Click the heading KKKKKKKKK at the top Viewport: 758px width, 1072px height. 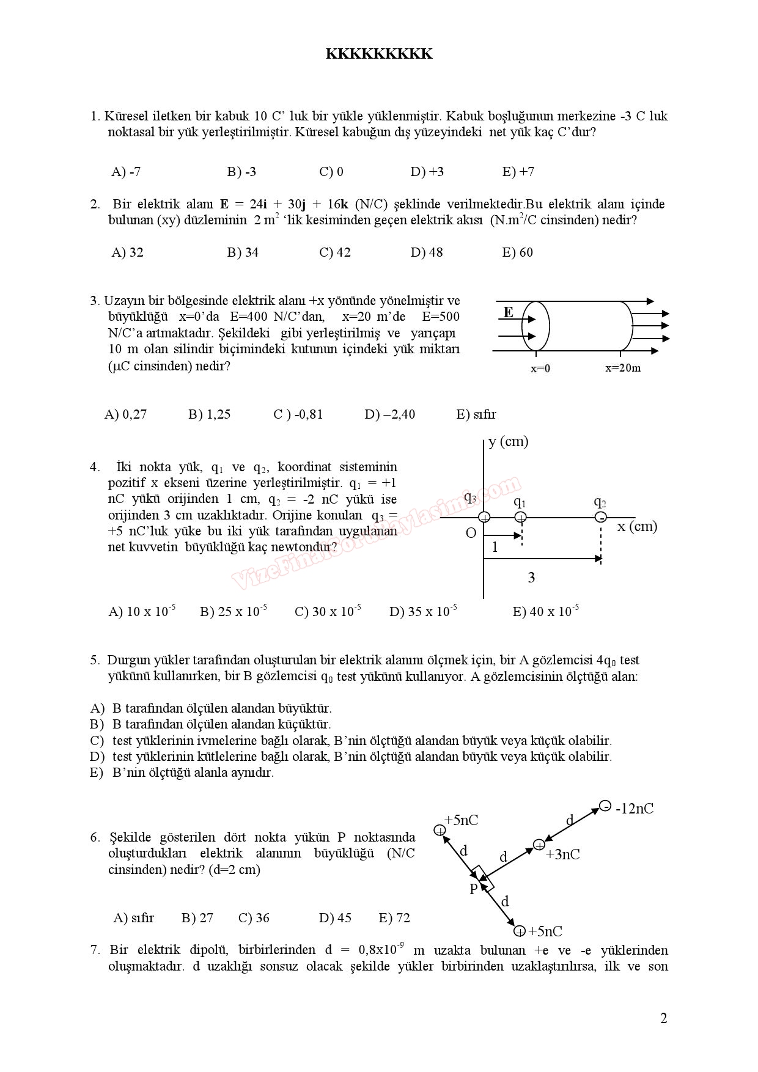(x=379, y=54)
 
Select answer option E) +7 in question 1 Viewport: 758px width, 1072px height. (x=518, y=172)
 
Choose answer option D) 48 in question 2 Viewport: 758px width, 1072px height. (x=427, y=252)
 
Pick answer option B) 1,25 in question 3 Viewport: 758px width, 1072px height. (x=209, y=414)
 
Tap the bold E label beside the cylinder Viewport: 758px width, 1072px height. (x=508, y=312)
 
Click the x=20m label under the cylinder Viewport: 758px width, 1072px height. (x=623, y=368)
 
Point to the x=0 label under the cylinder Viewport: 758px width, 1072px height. (x=540, y=368)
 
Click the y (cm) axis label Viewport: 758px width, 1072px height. (x=508, y=441)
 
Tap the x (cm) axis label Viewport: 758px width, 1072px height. (x=637, y=526)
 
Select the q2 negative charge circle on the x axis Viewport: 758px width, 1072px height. (x=601, y=518)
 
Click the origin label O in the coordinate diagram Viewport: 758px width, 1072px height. (x=471, y=533)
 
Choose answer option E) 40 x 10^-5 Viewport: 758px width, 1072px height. (x=545, y=611)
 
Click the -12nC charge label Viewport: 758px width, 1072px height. (x=634, y=809)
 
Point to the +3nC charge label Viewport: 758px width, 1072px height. (x=562, y=854)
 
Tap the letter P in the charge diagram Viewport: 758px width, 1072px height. (x=473, y=889)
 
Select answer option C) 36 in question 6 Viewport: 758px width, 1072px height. (x=254, y=918)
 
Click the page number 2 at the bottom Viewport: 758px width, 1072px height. (x=664, y=1018)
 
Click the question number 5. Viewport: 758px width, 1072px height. (x=95, y=660)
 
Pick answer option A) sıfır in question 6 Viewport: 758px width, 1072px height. (x=134, y=918)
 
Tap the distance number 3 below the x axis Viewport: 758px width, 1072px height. (x=531, y=578)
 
